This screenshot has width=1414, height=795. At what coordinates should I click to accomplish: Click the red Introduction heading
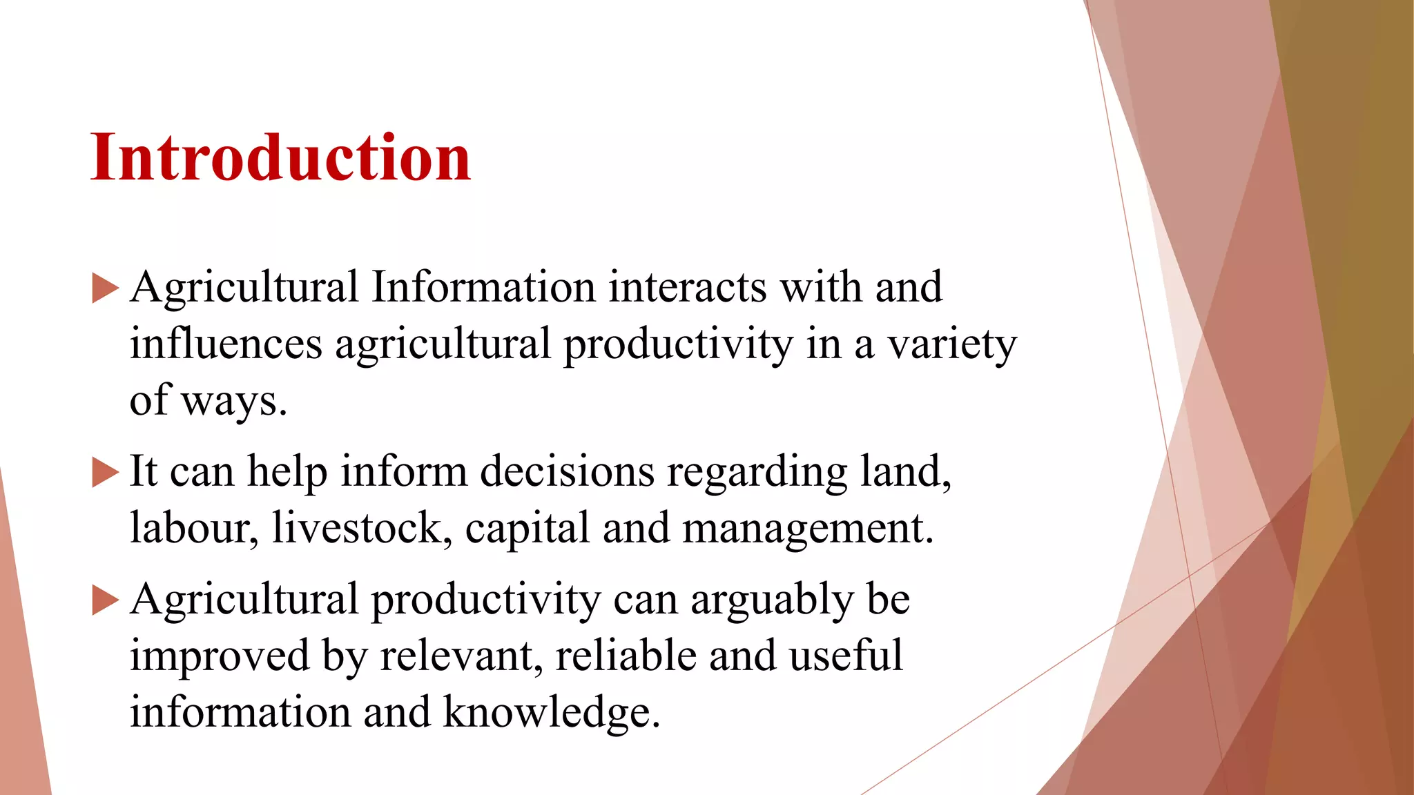point(280,158)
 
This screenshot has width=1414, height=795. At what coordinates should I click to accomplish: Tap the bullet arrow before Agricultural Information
point(105,288)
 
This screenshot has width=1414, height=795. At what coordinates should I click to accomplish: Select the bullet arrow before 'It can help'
point(105,473)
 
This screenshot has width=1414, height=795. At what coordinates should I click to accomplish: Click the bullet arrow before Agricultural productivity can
point(105,600)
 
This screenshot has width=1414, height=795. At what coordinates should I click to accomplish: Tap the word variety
point(952,344)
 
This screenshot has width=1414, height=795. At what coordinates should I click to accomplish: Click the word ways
point(233,401)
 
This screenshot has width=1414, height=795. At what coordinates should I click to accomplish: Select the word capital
point(527,529)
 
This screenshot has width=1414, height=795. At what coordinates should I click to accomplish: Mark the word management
point(808,529)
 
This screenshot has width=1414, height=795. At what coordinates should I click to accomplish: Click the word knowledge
point(551,712)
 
